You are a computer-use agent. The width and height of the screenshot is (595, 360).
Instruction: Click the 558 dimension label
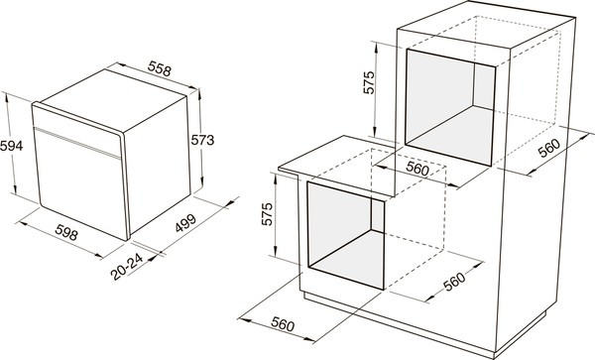pos(160,69)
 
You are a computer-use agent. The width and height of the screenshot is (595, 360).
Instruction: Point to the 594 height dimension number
pos(11,146)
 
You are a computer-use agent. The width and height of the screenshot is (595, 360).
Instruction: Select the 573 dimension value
pos(202,140)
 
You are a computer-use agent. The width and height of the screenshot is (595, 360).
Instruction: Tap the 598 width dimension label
pos(66,232)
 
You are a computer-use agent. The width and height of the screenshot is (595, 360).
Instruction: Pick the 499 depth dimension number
pos(185,223)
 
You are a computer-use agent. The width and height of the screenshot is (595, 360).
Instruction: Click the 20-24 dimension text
pos(127,267)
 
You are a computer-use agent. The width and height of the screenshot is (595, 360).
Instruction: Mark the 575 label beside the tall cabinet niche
pos(369,82)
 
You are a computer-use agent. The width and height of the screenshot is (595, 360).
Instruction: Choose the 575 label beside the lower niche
pos(267,214)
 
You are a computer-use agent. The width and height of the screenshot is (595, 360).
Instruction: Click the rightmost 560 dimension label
pos(549,148)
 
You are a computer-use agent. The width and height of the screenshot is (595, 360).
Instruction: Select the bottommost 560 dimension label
pos(283,324)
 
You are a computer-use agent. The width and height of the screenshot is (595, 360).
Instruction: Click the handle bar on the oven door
pos(77,143)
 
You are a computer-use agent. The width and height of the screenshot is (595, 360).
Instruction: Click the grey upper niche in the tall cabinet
pos(450,107)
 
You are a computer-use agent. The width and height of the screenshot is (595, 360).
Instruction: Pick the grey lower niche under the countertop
pos(346,235)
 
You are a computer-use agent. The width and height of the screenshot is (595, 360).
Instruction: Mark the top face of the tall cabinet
pos(487,25)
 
